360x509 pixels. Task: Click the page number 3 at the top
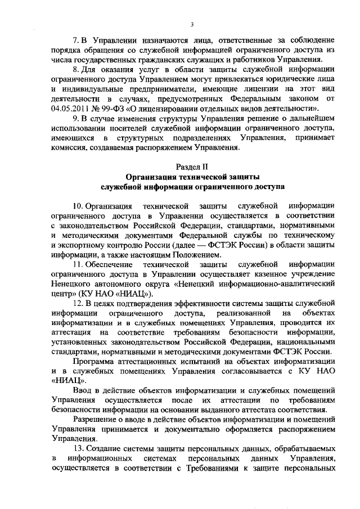(x=192, y=24)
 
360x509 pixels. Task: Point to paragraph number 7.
(x=77, y=42)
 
